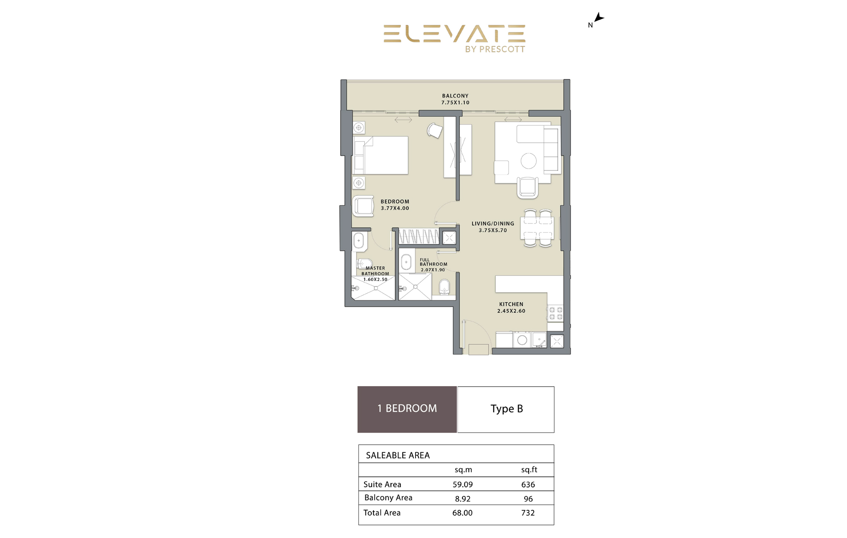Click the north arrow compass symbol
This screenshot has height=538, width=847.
click(598, 18)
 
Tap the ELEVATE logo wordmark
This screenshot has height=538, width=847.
click(454, 34)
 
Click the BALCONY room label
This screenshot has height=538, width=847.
click(455, 96)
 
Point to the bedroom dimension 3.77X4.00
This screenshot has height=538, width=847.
click(395, 208)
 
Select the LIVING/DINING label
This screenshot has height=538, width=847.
click(493, 223)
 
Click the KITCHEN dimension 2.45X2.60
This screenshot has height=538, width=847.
click(511, 311)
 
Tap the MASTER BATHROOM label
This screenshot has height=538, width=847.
click(375, 271)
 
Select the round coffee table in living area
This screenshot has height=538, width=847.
click(529, 160)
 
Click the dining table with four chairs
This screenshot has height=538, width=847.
click(538, 228)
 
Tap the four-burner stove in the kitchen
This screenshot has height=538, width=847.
click(556, 313)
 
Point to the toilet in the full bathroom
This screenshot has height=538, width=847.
click(444, 287)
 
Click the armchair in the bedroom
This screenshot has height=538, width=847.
click(364, 206)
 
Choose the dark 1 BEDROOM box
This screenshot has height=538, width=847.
click(407, 409)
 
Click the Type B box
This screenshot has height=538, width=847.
click(506, 409)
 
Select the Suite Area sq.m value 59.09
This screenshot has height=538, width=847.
click(462, 484)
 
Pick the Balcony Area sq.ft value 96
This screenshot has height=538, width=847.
click(528, 499)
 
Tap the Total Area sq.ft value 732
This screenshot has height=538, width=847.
click(528, 513)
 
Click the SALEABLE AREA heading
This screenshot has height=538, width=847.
click(398, 455)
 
